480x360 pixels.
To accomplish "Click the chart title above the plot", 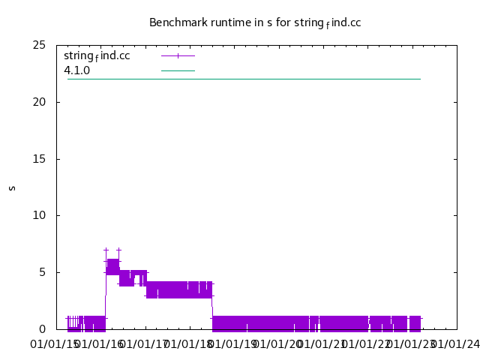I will (255, 22).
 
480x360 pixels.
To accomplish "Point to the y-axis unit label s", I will (12, 187).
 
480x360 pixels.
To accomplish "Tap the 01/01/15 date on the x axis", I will (55, 344).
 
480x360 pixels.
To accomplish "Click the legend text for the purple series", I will (97, 55).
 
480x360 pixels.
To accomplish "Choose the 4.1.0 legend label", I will (76, 70).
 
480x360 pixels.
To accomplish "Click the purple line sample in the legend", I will (178, 55).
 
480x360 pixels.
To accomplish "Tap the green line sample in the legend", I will (178, 70).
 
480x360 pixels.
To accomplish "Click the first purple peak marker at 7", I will (106, 250).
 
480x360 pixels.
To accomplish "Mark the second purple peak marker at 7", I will (118, 250).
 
